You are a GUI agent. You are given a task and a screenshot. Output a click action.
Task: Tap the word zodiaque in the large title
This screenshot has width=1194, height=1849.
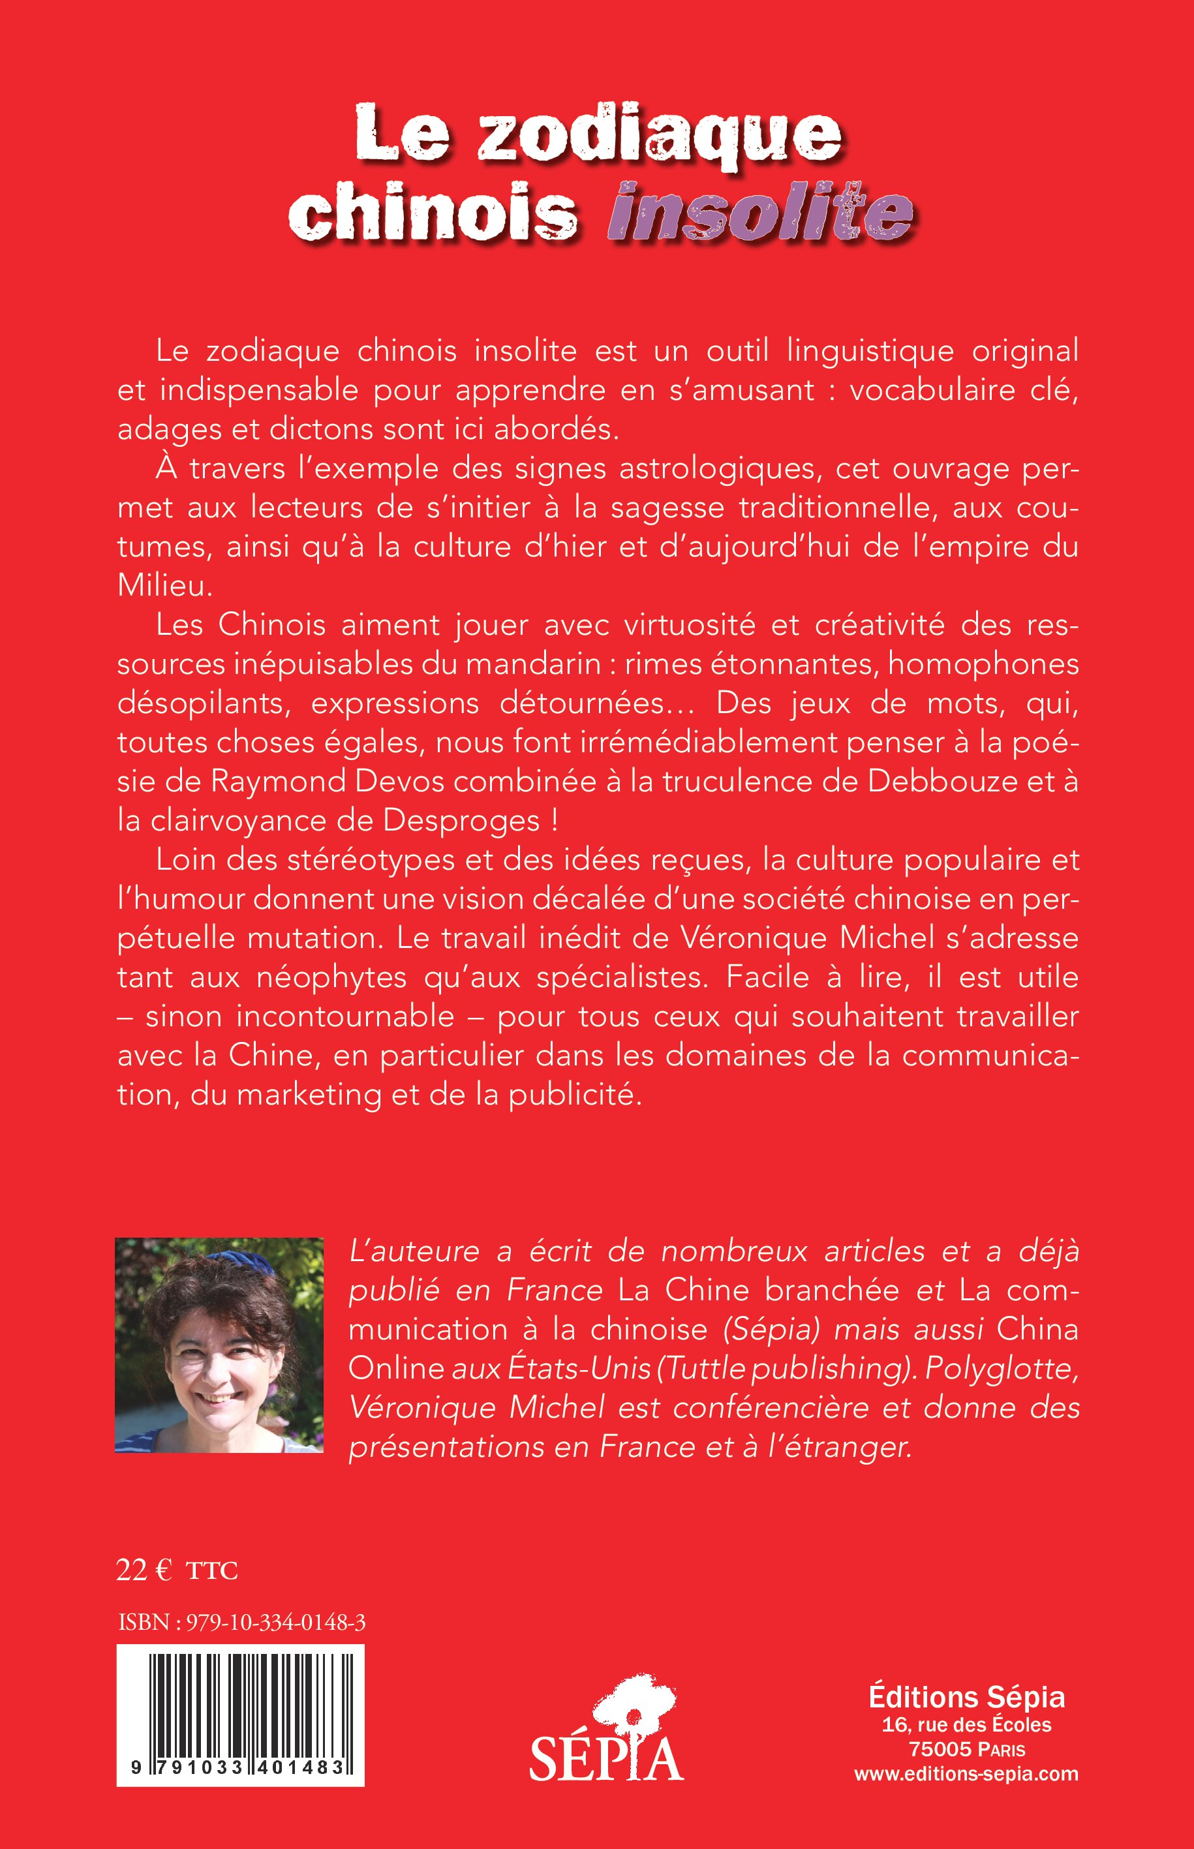click(x=659, y=138)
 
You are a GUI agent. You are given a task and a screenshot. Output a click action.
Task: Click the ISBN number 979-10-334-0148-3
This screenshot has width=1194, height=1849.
click(x=276, y=1623)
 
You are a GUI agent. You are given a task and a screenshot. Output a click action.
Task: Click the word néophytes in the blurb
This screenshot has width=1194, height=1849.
click(x=332, y=977)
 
